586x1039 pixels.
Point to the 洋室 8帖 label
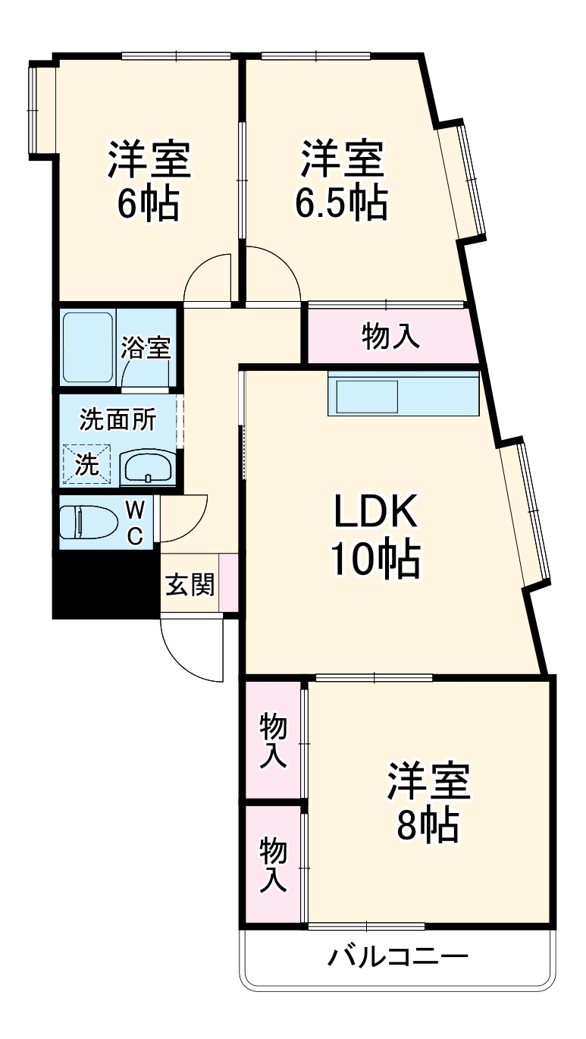click(x=429, y=803)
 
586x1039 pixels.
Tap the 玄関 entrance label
click(x=190, y=585)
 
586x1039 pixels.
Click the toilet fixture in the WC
click(x=89, y=523)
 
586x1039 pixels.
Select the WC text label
click(x=134, y=522)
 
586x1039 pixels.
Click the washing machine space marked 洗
click(x=87, y=463)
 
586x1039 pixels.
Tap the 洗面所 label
click(x=118, y=419)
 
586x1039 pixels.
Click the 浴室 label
click(x=146, y=350)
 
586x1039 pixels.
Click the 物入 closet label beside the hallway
click(x=391, y=336)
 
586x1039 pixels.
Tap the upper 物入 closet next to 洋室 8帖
click(x=274, y=740)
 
